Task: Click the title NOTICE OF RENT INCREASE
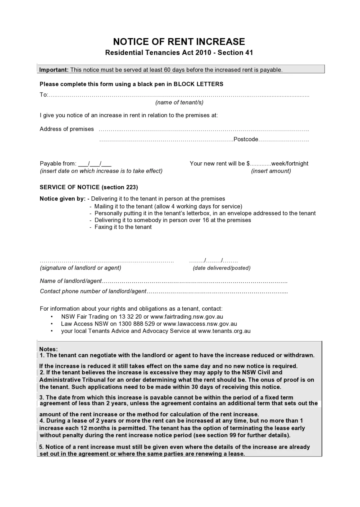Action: (179, 42)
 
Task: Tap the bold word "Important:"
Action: (54, 70)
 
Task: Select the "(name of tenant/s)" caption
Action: (179, 102)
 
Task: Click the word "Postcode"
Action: (246, 139)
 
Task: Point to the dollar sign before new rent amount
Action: (248, 164)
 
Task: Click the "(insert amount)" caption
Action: (271, 171)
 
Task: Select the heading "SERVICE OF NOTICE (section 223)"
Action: (89, 187)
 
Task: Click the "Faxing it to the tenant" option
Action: (123, 227)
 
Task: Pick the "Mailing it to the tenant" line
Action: (168, 206)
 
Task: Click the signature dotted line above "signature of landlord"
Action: (107, 261)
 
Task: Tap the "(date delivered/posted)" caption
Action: (222, 268)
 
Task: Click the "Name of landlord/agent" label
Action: (71, 281)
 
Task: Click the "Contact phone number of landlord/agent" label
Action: (93, 291)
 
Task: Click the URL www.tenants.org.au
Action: (224, 331)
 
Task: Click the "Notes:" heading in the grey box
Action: (48, 349)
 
